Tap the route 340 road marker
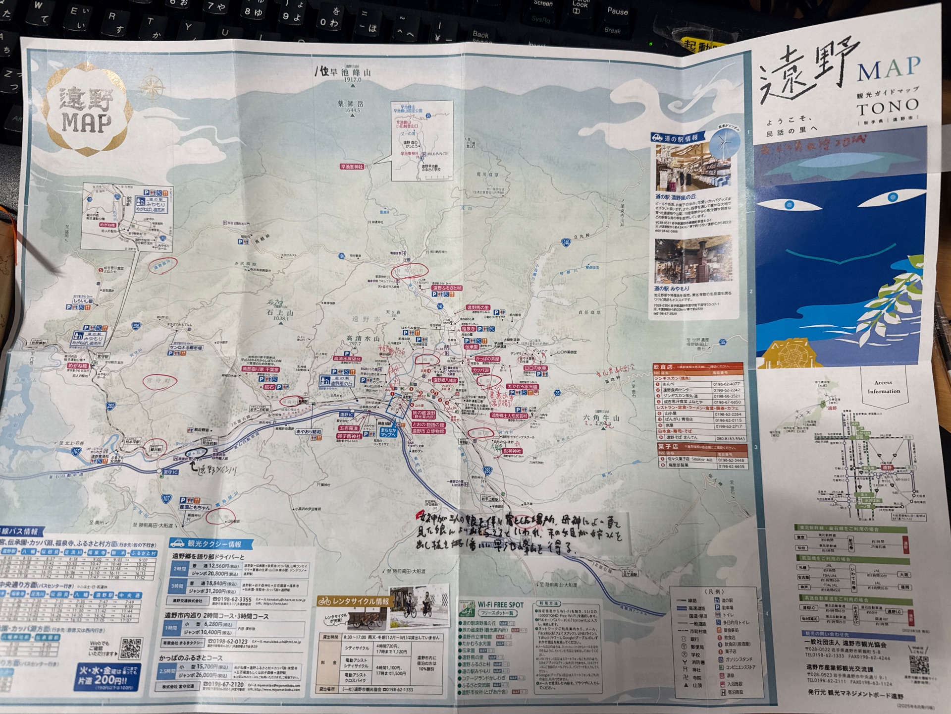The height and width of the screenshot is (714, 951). click(x=566, y=242)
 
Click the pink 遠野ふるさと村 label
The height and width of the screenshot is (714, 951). click(x=447, y=288)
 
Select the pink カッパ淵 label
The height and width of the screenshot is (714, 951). click(x=480, y=370)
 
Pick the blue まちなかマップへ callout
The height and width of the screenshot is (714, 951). click(x=388, y=432)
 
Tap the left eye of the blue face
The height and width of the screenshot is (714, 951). click(x=789, y=205)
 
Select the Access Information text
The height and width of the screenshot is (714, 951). click(x=884, y=387)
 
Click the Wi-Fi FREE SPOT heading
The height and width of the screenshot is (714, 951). click(x=500, y=605)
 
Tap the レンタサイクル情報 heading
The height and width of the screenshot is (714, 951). click(x=355, y=601)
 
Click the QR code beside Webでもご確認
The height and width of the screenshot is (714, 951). click(x=131, y=649)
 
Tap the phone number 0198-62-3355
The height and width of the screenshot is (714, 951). click(x=232, y=599)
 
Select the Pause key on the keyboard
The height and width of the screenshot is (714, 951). click(x=617, y=11)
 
